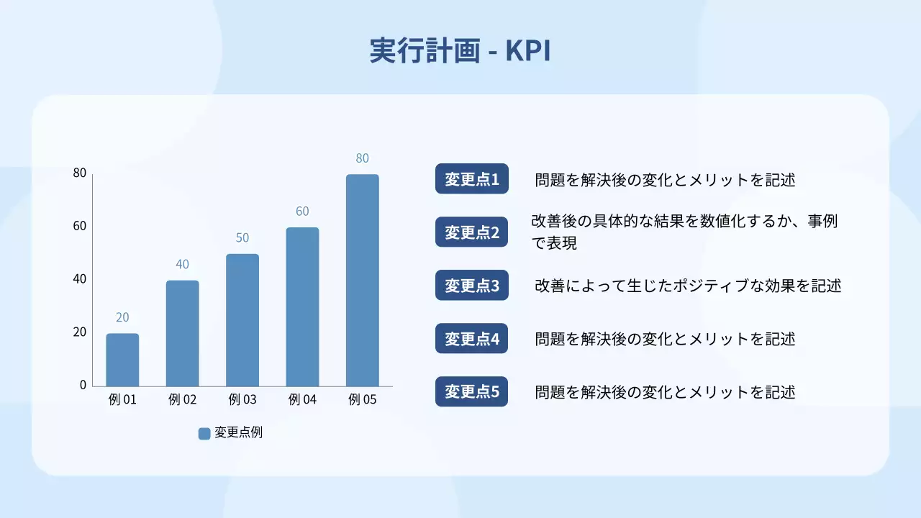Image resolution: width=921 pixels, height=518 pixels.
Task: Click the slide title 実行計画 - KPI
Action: (460, 50)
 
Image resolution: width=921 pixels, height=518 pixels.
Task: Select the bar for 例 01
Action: (122, 360)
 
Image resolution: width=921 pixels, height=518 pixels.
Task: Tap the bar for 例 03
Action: (242, 320)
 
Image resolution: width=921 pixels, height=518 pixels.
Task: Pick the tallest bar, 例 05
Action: (362, 281)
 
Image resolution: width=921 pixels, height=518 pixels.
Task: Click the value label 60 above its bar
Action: (302, 212)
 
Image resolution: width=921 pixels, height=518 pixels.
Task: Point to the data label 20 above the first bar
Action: (122, 317)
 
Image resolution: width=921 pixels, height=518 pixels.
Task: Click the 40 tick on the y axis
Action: (79, 279)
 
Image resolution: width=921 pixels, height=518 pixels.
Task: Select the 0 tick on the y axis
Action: (83, 385)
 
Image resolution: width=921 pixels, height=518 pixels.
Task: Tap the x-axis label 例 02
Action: (182, 400)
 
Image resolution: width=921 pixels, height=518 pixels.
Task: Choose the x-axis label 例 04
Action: (302, 400)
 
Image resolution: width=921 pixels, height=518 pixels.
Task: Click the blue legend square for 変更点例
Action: (204, 433)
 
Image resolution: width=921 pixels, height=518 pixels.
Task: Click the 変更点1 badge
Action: (472, 179)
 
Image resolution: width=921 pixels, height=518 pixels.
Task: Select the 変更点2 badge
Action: (472, 232)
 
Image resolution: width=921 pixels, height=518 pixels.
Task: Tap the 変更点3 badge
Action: (472, 285)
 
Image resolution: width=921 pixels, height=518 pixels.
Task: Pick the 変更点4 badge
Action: (472, 338)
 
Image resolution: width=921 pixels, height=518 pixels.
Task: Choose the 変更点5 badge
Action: (472, 391)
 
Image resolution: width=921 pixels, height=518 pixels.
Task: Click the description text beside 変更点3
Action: (687, 286)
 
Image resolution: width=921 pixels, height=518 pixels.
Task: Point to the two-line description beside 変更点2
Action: (684, 232)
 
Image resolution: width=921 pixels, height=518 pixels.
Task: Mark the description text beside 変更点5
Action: (665, 392)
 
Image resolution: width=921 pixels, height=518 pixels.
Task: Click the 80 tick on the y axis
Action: (79, 173)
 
